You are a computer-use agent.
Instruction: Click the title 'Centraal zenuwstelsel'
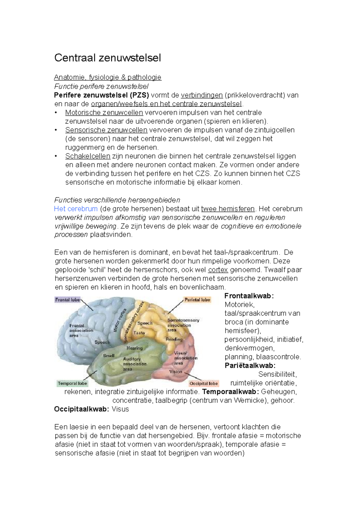coord(107,58)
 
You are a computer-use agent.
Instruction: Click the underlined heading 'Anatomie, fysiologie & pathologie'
coord(107,77)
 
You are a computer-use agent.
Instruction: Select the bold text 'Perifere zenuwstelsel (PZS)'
coord(101,95)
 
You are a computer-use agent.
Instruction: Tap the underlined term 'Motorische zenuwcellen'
coord(104,113)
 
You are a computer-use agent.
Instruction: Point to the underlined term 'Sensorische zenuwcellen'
coord(106,130)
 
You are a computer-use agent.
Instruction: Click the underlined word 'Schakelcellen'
coord(88,156)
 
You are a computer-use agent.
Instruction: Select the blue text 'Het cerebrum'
coord(76,209)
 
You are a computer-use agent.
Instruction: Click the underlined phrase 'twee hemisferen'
coord(228,209)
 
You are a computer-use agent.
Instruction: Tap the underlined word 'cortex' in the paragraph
coord(218,270)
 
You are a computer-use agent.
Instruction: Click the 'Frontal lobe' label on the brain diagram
coord(67,299)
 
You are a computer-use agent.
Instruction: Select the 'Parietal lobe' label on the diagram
coord(197,299)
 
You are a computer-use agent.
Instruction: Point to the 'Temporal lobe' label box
coord(72,383)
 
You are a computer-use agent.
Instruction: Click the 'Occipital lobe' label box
coord(204,383)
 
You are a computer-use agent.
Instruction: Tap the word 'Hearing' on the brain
coord(134,348)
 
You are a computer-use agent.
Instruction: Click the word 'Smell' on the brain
coord(109,356)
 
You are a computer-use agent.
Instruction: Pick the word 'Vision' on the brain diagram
coord(175,372)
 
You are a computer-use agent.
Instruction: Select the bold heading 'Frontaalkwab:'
coord(249,296)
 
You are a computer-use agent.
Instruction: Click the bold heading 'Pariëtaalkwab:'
coord(250,365)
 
